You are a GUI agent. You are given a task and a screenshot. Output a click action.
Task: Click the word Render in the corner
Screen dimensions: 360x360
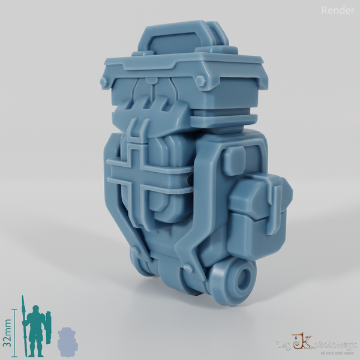[338, 10]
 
